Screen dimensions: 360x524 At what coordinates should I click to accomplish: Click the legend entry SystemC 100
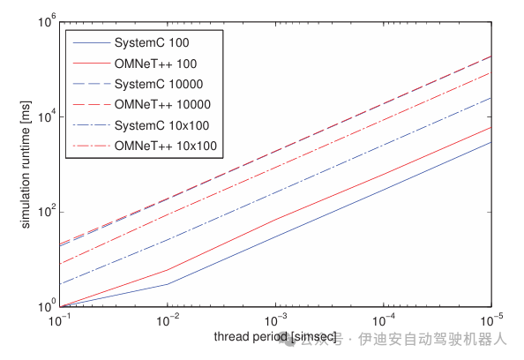[x=152, y=42]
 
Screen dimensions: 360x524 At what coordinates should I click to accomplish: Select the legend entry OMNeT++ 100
[x=155, y=63]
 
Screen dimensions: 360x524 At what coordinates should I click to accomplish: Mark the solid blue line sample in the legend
[x=89, y=42]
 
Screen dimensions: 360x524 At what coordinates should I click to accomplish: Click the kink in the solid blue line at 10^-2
[x=168, y=284]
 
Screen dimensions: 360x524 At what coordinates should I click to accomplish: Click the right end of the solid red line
[x=490, y=126]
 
